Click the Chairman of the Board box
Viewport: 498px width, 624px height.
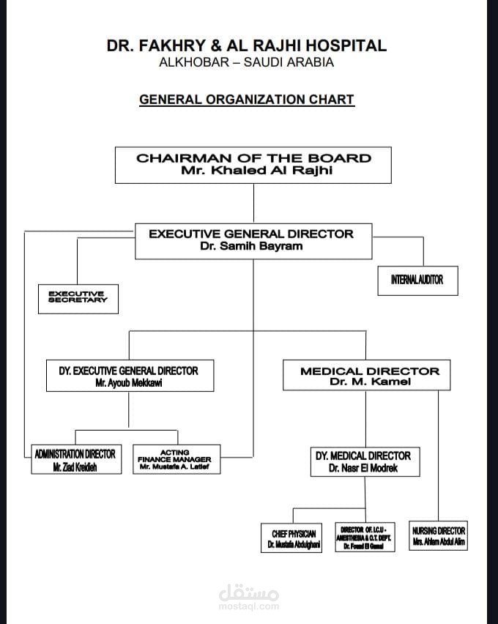(253, 165)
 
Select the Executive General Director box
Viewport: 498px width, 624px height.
(253, 241)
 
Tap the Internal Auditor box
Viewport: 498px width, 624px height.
(417, 280)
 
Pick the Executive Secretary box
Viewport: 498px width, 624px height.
(78, 297)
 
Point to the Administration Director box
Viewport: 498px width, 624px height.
(75, 460)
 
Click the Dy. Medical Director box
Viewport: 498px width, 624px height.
(363, 461)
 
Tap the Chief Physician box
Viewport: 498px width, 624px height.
(291, 538)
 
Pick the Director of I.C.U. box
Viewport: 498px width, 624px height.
(364, 538)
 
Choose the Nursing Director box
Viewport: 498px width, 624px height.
(438, 536)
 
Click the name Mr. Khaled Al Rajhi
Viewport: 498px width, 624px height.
(253, 171)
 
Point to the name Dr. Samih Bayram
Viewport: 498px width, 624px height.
(251, 247)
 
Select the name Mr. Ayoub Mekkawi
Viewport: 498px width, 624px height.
(129, 382)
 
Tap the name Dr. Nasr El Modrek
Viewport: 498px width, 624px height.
(363, 468)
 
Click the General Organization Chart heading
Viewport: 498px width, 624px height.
(247, 100)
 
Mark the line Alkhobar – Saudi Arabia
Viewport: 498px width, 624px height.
(247, 62)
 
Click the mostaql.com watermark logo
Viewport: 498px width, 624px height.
(249, 595)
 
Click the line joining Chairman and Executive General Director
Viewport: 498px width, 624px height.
(253, 202)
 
